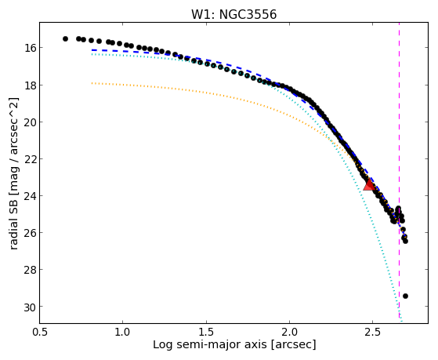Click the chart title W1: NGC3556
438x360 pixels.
pos(233,14)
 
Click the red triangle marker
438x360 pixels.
pos(369,184)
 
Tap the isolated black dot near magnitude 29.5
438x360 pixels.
pos(405,296)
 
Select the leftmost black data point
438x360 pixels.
pos(65,39)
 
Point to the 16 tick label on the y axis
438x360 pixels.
pos(28,48)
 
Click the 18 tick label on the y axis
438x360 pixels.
pos(28,85)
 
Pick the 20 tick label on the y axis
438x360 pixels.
pos(28,122)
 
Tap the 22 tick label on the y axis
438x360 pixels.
pos(28,159)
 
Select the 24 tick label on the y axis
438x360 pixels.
pos(28,196)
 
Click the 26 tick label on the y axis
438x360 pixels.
pos(28,233)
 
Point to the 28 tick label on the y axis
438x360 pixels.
pos(28,270)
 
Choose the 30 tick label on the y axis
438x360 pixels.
pos(28,307)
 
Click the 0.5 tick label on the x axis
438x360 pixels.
pos(39,332)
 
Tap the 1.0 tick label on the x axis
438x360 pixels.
pos(123,332)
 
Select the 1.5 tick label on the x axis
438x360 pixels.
pos(206,332)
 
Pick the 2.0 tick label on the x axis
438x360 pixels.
pos(289,332)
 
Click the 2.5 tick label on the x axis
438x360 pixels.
pos(373,332)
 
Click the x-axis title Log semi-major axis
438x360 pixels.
pos(210,345)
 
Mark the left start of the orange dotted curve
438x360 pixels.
pos(92,83)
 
